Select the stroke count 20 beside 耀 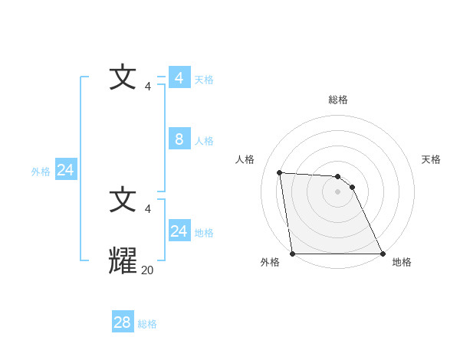(x=148, y=270)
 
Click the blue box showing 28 (x=123, y=322)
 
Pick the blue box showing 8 (x=179, y=139)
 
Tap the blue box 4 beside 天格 (x=179, y=78)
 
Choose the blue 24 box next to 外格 (x=65, y=170)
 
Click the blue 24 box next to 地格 (x=179, y=231)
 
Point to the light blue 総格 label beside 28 (x=147, y=324)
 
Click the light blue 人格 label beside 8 (x=204, y=141)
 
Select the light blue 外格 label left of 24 (x=41, y=172)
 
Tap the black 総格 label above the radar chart (x=338, y=100)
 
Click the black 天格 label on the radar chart (x=431, y=159)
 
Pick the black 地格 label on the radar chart (x=402, y=262)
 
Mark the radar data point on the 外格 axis (x=293, y=254)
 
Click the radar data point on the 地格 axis (x=383, y=254)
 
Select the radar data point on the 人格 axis (x=280, y=172)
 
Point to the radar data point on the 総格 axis (x=338, y=176)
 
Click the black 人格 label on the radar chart (x=245, y=159)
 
